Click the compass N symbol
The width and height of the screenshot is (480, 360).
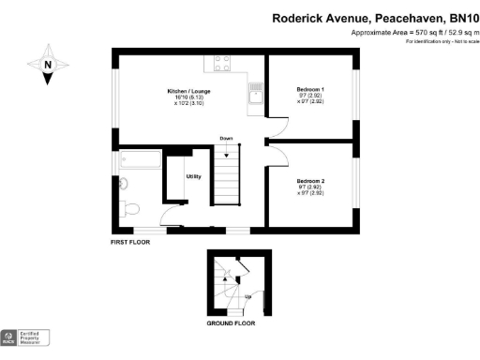(x=47, y=65)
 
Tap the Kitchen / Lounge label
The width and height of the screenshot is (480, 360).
(x=188, y=91)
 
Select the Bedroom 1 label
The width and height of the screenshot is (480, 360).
(x=310, y=89)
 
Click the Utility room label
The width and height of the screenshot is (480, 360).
(x=193, y=176)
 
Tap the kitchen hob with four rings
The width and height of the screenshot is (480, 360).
(x=223, y=63)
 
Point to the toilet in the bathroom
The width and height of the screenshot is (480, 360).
(x=131, y=207)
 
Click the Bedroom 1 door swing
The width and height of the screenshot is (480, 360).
(x=277, y=125)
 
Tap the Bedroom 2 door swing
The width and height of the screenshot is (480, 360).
(x=277, y=152)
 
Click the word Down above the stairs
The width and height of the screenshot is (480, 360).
(x=226, y=139)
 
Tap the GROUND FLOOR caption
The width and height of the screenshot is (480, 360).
(x=231, y=323)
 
